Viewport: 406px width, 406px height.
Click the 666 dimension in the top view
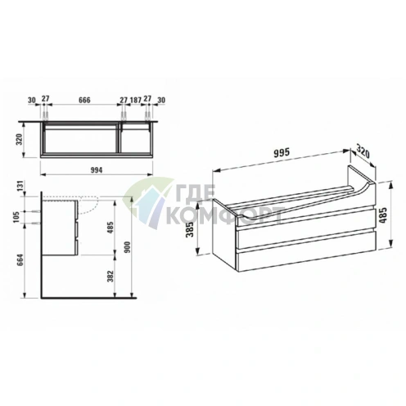(84, 100)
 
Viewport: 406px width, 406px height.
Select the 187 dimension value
(136, 100)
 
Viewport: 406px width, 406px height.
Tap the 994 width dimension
(97, 170)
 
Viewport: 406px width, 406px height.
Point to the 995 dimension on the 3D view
(282, 152)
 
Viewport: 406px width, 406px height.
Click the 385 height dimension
(191, 229)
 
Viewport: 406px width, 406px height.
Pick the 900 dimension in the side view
(128, 247)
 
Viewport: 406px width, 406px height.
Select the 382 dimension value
(111, 276)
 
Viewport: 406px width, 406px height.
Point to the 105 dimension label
(16, 218)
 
